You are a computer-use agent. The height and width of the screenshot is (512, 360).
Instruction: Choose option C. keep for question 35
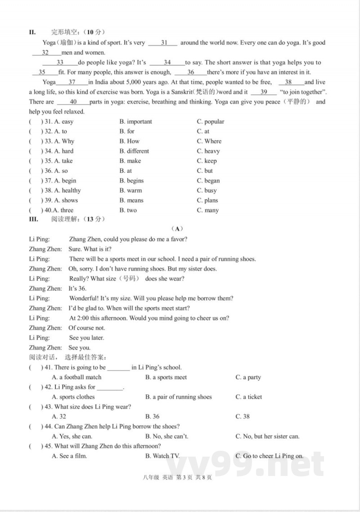[207, 161]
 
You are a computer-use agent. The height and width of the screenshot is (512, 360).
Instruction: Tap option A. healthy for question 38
[67, 190]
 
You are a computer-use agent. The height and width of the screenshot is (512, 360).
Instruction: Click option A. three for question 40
[63, 210]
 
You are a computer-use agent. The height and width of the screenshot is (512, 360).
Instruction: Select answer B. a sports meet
[166, 377]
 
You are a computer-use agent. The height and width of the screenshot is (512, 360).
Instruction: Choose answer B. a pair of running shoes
[178, 397]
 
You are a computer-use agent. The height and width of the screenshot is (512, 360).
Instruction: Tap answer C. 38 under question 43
[243, 417]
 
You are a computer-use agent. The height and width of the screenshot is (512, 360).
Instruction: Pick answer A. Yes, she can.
[72, 436]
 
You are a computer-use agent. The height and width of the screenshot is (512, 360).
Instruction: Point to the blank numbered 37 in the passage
[72, 82]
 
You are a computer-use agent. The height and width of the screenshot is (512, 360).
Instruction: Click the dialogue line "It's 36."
[77, 289]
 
